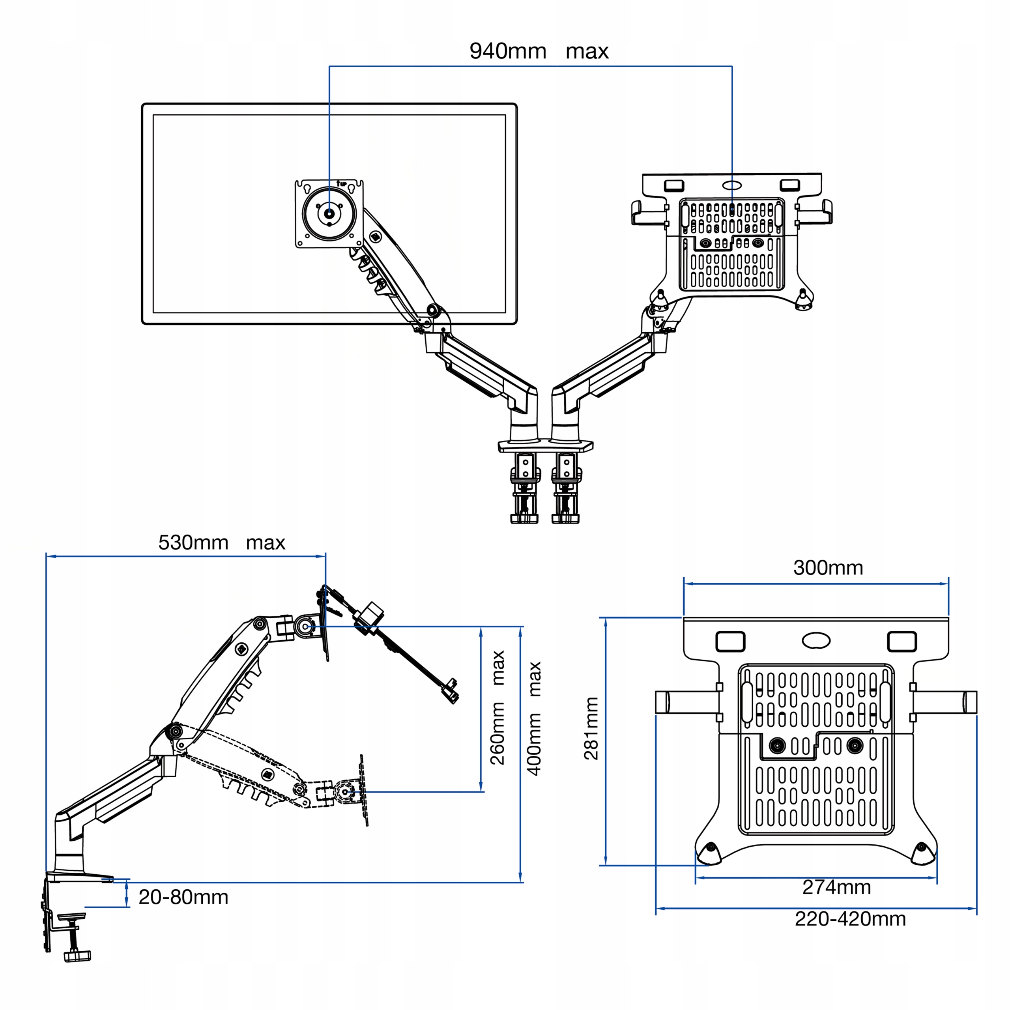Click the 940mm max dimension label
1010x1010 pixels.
tap(539, 51)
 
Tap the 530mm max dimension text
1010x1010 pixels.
tap(222, 542)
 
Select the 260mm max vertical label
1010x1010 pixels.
tap(497, 708)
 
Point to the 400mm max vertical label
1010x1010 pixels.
tap(533, 718)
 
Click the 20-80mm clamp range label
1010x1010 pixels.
tap(183, 897)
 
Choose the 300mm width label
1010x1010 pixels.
tap(828, 568)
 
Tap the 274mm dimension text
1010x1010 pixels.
tap(836, 887)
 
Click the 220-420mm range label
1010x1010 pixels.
tap(851, 919)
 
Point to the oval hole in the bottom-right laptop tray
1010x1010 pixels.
tap(816, 640)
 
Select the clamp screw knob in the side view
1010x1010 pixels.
tap(77, 956)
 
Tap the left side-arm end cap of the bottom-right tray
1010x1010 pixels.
tap(662, 702)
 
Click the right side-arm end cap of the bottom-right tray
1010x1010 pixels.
tap(970, 702)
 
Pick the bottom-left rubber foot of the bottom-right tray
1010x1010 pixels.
tap(709, 854)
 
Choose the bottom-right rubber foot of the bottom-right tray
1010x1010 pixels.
tap(923, 854)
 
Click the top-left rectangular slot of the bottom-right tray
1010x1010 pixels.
tap(730, 642)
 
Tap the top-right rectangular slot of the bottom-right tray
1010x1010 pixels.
tap(902, 642)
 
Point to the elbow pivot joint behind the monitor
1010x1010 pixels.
tap(433, 310)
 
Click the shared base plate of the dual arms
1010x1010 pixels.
tap(545, 445)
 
